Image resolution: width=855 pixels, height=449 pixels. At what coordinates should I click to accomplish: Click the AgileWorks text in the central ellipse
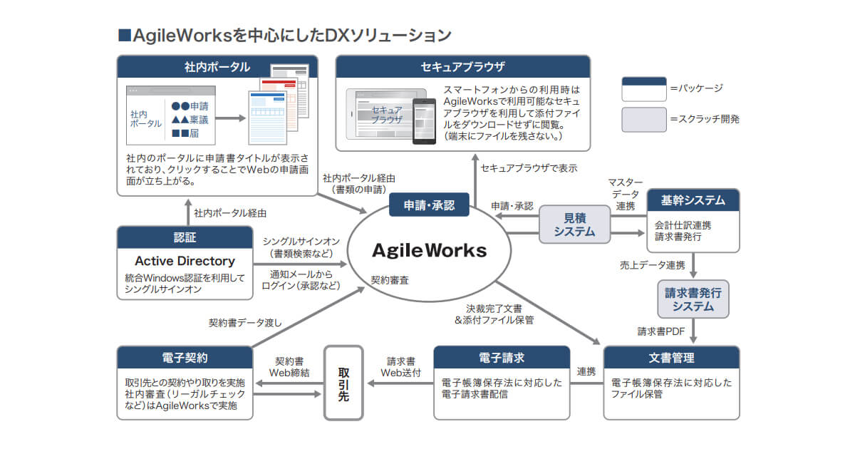(x=430, y=250)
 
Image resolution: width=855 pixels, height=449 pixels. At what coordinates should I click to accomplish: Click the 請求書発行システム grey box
(x=693, y=299)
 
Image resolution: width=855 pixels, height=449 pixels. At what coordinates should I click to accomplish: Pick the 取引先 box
(x=343, y=383)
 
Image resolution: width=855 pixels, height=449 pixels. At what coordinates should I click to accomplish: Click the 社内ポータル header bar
(x=217, y=67)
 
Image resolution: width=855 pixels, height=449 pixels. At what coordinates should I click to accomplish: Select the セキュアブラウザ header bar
(x=462, y=67)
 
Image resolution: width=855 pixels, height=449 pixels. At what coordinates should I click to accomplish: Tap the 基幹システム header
(x=693, y=200)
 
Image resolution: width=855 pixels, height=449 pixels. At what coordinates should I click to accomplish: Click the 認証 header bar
(x=185, y=237)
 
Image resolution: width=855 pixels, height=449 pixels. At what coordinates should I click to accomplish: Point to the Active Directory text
(x=185, y=261)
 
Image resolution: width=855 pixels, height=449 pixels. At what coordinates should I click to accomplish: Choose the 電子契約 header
(x=185, y=357)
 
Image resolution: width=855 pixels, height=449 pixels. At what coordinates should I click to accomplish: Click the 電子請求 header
(x=502, y=357)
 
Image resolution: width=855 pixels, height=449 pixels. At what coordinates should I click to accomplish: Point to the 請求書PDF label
(x=660, y=331)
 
